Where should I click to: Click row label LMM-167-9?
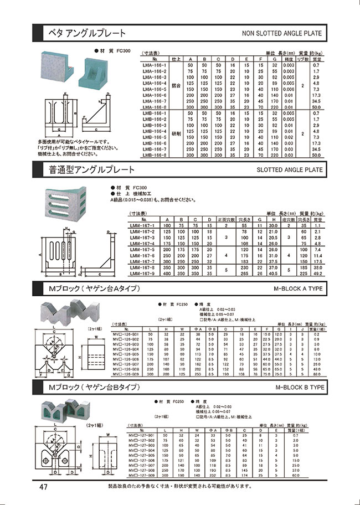click(141, 273)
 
